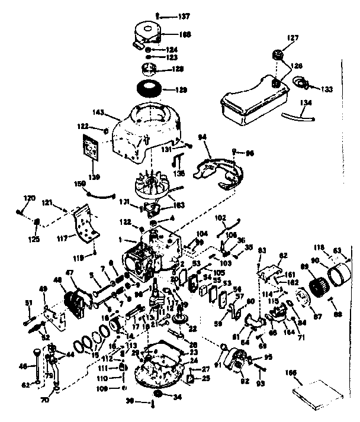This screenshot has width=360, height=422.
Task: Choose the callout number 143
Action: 99,112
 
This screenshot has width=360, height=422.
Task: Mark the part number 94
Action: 203,137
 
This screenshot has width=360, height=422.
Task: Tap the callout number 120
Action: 30,198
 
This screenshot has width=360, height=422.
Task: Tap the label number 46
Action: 24,367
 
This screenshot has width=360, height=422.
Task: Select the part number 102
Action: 220,218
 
